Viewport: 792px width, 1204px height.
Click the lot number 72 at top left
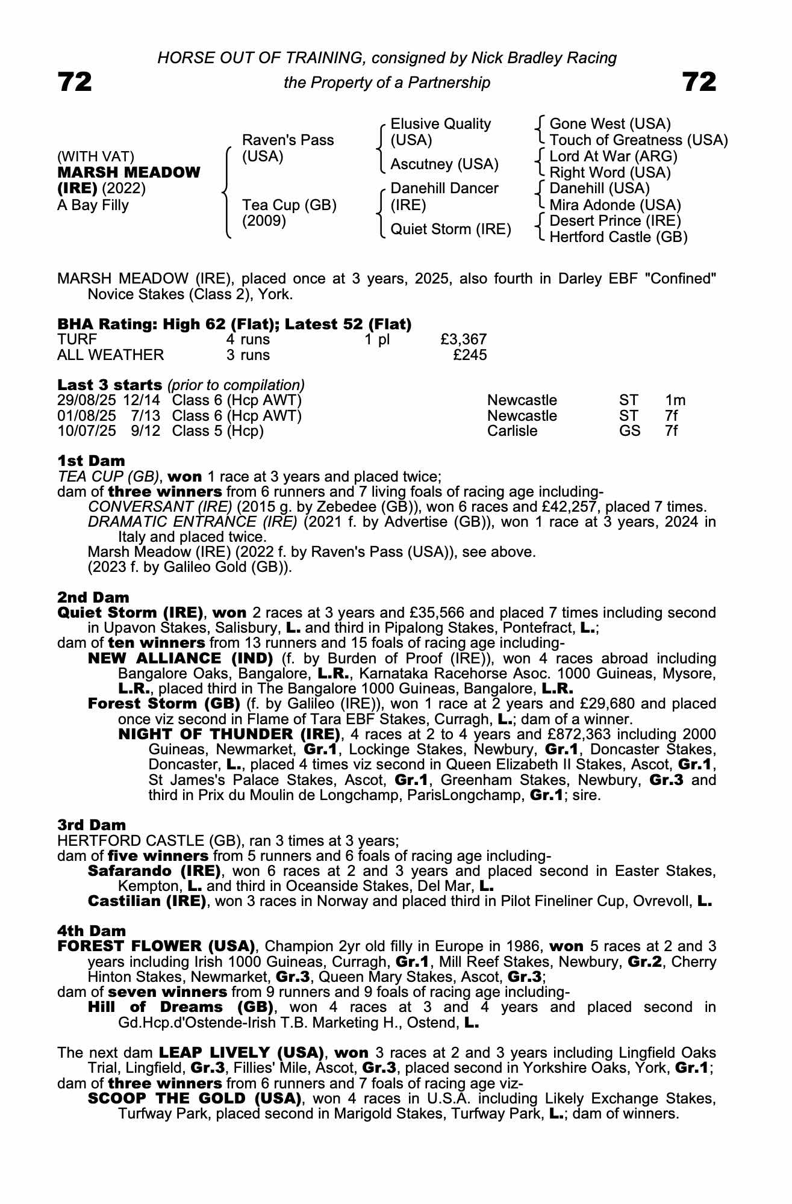75,82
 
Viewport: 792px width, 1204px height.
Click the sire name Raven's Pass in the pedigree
287,140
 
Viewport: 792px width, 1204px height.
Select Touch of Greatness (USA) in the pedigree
638,140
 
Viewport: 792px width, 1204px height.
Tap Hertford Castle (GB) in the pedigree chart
618,237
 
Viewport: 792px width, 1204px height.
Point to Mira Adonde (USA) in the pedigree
615,205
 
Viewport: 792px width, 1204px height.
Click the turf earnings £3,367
463,340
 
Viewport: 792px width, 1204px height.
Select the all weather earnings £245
470,355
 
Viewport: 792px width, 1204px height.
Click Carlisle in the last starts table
512,431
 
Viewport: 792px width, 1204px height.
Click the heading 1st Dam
91,461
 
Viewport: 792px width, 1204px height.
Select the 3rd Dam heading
92,825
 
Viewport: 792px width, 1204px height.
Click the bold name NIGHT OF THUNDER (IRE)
229,734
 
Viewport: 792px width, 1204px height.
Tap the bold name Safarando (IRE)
154,871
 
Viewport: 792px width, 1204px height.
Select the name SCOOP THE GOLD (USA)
195,1099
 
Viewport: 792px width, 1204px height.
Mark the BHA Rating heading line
234,324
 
